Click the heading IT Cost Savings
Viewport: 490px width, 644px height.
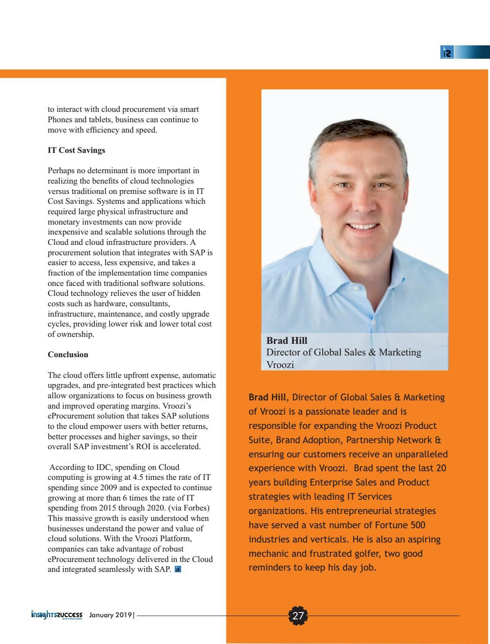pyautogui.click(x=76, y=150)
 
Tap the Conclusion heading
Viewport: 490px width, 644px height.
pyautogui.click(x=68, y=355)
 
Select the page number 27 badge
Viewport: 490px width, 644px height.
pyautogui.click(x=298, y=615)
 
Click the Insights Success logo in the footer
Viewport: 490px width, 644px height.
pyautogui.click(x=57, y=615)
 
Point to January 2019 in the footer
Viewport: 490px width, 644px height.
pyautogui.click(x=110, y=615)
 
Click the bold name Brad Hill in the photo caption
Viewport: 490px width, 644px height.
pyautogui.click(x=287, y=340)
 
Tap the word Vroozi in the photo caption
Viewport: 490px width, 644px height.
pyautogui.click(x=280, y=365)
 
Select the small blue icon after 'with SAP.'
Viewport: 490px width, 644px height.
pyautogui.click(x=178, y=570)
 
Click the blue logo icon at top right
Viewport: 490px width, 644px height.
pyautogui.click(x=447, y=53)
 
